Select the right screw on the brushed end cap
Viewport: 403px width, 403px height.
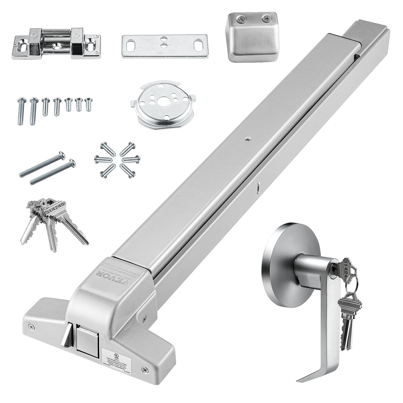click(265, 18)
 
